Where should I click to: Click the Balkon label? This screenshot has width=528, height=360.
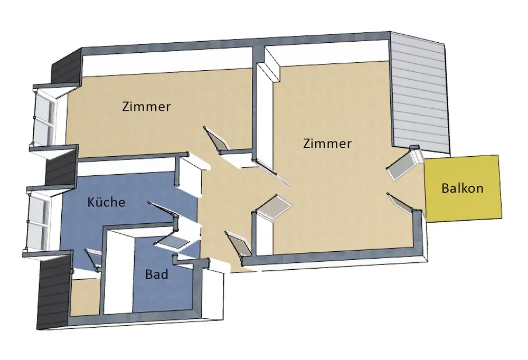[463, 188]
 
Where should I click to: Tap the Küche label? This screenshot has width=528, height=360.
[106, 202]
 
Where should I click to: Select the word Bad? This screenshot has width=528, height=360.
[156, 274]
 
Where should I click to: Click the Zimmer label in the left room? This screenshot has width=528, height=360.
[146, 106]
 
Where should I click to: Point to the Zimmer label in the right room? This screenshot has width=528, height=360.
[327, 143]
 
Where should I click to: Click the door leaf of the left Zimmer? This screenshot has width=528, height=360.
[216, 139]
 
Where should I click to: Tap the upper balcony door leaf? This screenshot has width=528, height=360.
[402, 165]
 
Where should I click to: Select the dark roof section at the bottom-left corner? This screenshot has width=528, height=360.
[53, 290]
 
